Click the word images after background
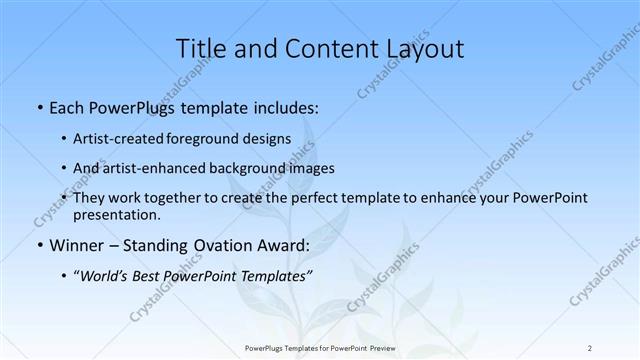(311, 168)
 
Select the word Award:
(282, 244)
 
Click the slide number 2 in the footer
(590, 348)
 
